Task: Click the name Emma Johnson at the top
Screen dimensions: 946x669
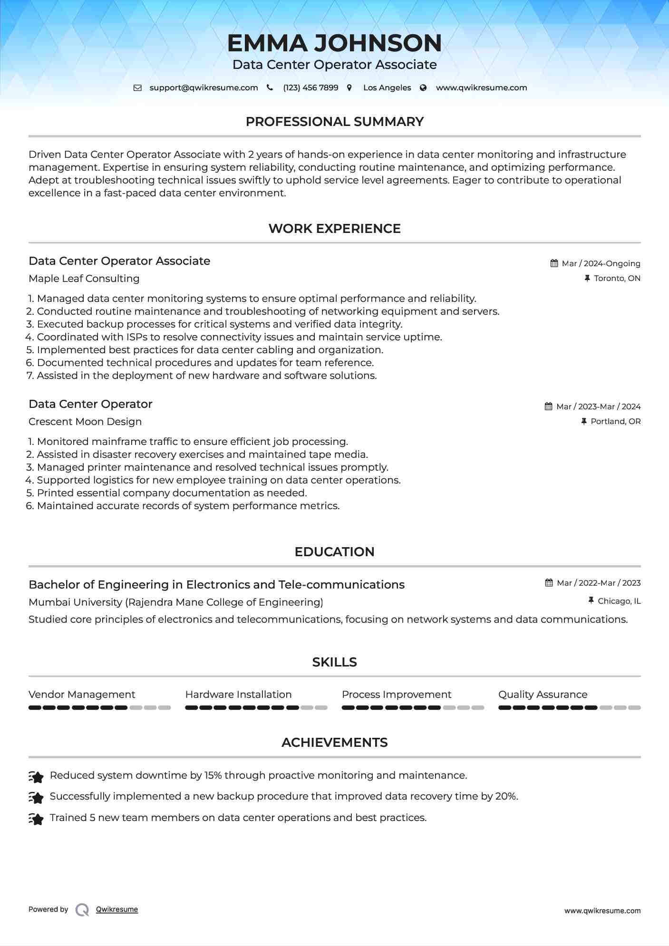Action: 334,43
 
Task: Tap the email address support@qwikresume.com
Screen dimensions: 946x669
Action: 204,87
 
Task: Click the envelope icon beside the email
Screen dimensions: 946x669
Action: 137,87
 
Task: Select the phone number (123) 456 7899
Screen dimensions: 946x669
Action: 310,87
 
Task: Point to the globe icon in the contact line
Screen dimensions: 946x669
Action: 423,87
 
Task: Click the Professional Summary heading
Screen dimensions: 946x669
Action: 334,122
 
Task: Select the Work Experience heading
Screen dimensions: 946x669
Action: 334,229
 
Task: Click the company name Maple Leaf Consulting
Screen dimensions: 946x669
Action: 84,279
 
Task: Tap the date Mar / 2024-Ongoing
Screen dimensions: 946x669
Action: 601,263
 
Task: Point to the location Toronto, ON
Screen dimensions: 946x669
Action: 617,278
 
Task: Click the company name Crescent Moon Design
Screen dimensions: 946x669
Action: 85,422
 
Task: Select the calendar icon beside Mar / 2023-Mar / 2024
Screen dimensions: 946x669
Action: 549,406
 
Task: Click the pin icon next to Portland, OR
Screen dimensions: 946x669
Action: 584,421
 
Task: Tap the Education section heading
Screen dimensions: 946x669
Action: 334,552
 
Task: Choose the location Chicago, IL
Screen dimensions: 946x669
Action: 619,601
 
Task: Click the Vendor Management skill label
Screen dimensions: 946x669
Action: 82,695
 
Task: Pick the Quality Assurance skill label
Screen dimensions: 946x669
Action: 543,695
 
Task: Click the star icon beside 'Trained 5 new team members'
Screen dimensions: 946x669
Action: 36,819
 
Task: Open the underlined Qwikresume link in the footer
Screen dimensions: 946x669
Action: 117,909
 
